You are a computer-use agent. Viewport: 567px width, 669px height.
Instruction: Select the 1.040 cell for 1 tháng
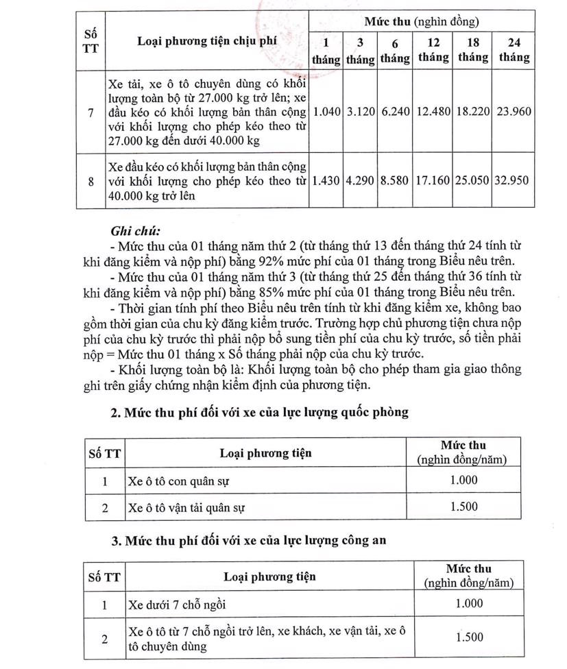[x=326, y=112]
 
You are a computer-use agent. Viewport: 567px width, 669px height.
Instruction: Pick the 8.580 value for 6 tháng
[x=394, y=181]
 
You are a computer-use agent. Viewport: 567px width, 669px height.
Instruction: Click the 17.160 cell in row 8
[x=433, y=181]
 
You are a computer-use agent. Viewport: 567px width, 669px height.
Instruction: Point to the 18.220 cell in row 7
[x=472, y=112]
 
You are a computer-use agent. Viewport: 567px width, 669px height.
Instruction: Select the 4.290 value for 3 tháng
[x=360, y=181]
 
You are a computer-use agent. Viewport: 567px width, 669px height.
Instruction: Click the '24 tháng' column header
[x=514, y=50]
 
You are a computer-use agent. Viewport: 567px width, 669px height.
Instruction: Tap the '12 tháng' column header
[x=433, y=50]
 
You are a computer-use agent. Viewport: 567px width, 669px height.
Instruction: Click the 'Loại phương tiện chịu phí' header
[x=206, y=41]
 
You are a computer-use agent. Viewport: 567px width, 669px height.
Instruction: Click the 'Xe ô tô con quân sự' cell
[x=178, y=481]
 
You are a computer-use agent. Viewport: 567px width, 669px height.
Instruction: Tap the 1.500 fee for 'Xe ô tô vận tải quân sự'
[x=464, y=507]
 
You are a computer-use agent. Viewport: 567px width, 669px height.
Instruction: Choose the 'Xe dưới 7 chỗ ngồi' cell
[x=176, y=605]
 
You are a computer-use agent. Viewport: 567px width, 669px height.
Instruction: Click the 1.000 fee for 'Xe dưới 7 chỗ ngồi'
[x=469, y=604]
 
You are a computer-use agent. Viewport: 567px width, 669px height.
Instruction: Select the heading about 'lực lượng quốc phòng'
[x=260, y=412]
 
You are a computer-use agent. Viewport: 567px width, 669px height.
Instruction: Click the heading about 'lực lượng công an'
[x=249, y=541]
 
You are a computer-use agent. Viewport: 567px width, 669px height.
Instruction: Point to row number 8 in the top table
[x=91, y=181]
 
